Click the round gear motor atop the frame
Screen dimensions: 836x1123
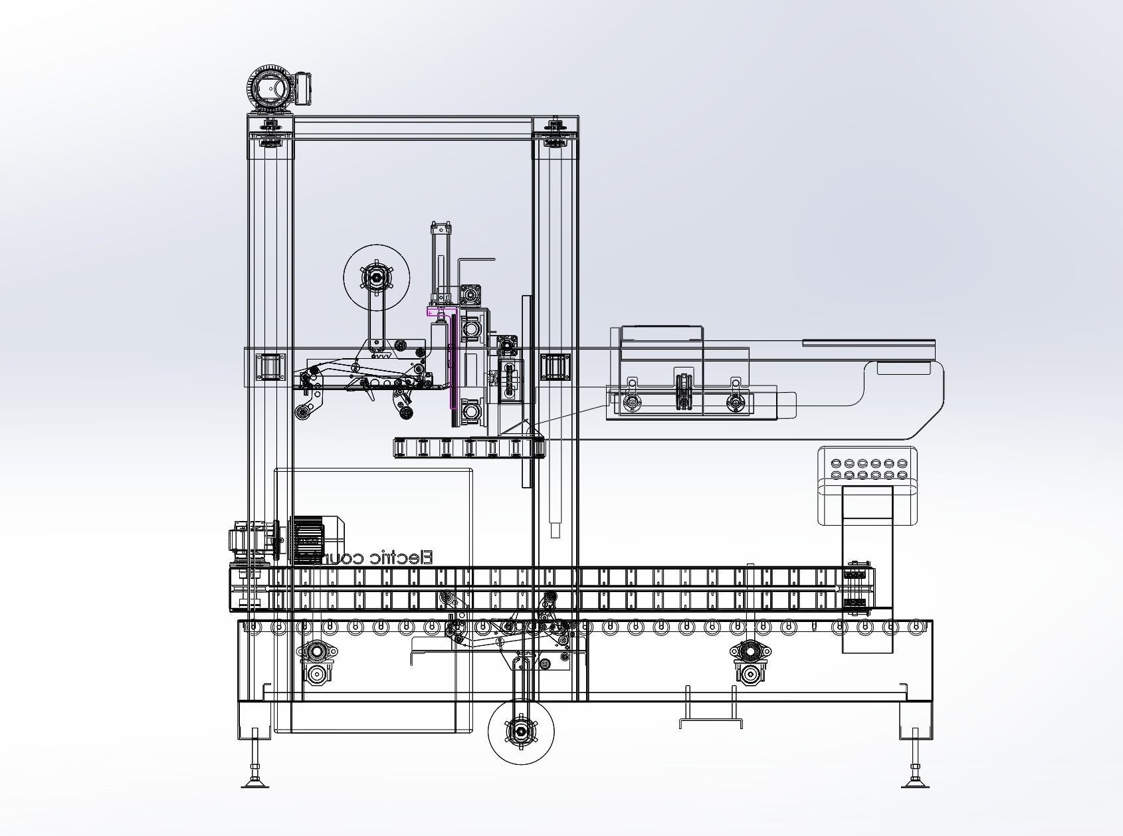click(271, 88)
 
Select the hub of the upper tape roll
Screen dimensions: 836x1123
click(375, 277)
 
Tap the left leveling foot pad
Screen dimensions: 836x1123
click(255, 785)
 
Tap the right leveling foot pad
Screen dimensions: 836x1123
click(916, 785)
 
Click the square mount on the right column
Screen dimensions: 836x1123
click(556, 367)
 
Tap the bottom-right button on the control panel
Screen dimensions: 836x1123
click(902, 474)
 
